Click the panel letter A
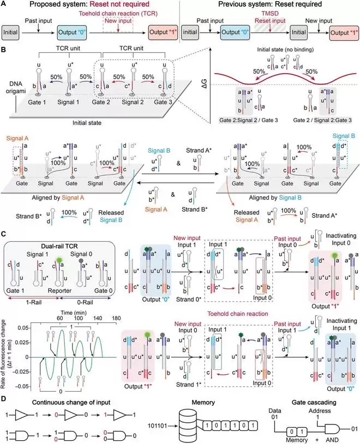(x=4, y=5)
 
